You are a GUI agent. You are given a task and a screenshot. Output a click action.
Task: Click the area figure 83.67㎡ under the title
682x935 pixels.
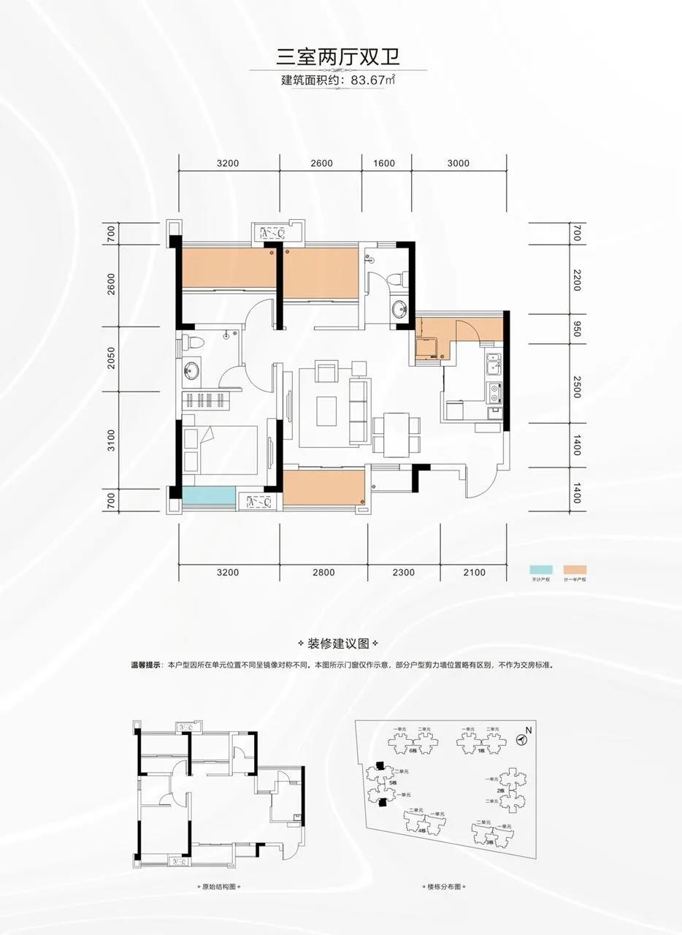point(373,80)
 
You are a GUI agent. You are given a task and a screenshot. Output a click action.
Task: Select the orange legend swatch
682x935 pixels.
point(575,570)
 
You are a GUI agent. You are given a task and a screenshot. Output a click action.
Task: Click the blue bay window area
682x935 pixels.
point(209,497)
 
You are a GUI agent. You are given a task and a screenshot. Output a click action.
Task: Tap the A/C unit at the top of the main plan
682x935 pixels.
point(272,234)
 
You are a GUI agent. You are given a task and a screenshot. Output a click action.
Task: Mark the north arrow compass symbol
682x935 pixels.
point(521,740)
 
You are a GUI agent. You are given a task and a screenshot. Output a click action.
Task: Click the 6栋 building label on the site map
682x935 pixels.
point(413,751)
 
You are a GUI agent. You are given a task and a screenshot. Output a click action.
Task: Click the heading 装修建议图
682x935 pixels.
point(340,644)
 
